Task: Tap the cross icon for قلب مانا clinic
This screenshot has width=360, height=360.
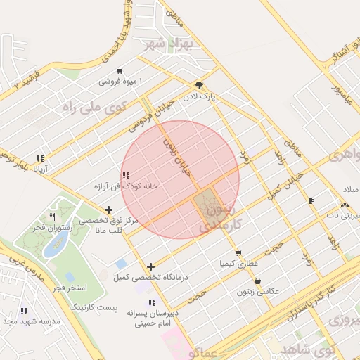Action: (x=108, y=210)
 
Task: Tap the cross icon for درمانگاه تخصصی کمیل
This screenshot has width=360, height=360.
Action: (x=151, y=266)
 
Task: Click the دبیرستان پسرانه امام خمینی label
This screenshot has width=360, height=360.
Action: (x=153, y=316)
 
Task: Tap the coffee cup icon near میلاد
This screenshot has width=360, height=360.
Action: (x=311, y=201)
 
